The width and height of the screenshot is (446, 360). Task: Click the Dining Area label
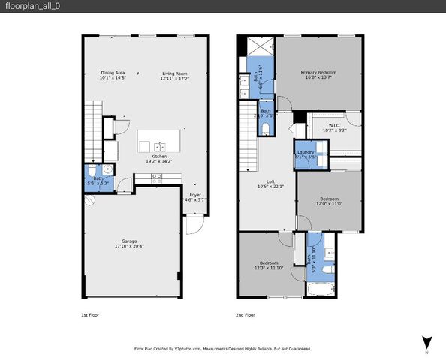[114, 74]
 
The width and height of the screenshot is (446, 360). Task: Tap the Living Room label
[175, 74]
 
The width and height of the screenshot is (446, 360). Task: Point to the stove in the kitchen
[157, 178]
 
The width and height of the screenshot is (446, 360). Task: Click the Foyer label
[194, 196]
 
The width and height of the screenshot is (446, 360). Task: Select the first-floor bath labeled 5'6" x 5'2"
[98, 181]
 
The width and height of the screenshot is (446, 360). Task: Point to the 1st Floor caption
[89, 315]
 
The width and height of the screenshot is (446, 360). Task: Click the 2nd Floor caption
[246, 315]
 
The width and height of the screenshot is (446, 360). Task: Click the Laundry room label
[306, 154]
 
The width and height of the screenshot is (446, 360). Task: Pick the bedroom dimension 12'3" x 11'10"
[267, 268]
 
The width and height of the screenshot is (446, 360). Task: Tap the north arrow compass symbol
[426, 341]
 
